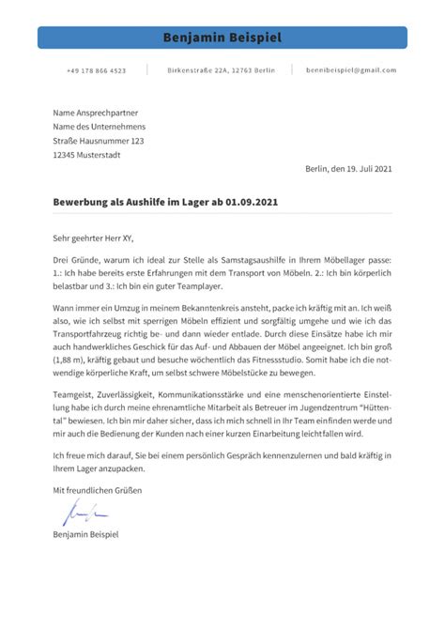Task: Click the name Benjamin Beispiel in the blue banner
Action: (222, 38)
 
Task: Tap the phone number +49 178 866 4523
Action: (96, 70)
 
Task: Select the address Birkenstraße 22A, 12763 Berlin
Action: (221, 70)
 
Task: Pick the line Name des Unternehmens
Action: (99, 126)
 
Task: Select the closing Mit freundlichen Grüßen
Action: (96, 489)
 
